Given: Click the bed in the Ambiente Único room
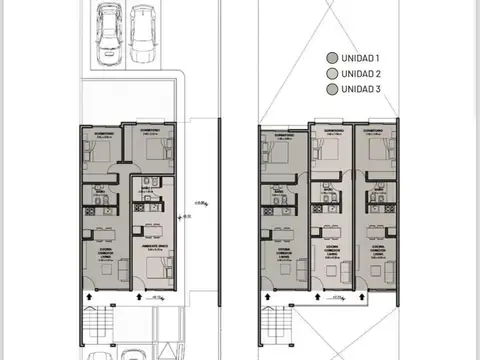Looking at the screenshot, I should pos(155,268).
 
